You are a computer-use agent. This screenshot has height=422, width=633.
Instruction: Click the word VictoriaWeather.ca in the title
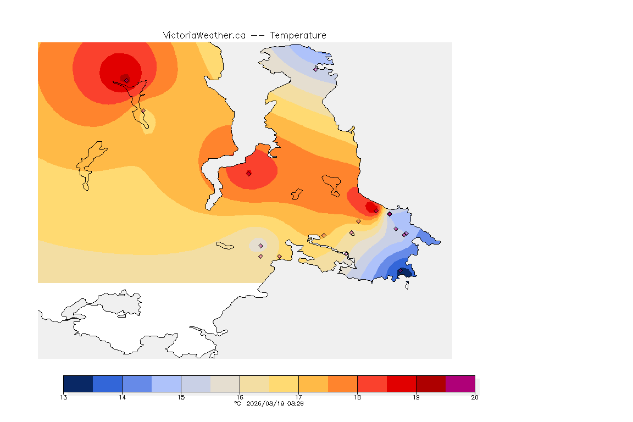click(204, 36)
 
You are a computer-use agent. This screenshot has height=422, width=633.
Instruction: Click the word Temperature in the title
click(298, 36)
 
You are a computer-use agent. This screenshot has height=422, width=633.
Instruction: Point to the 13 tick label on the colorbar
click(63, 397)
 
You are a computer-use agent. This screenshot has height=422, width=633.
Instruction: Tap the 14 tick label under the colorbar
click(123, 397)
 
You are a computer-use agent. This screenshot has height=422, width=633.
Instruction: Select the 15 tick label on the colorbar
click(181, 397)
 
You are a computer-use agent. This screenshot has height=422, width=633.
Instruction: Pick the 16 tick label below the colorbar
click(240, 397)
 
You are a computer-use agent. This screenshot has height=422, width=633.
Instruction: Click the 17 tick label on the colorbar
click(298, 397)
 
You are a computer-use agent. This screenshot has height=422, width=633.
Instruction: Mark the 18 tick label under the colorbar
click(357, 397)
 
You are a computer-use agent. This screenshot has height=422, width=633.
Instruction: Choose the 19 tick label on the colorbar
click(416, 397)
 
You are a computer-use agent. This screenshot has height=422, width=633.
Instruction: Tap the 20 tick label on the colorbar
click(475, 397)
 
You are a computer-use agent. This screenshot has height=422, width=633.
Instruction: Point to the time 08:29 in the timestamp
click(295, 403)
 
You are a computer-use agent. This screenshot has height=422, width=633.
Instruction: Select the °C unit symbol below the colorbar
click(238, 403)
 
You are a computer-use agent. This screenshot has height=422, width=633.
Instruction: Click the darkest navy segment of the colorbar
click(78, 384)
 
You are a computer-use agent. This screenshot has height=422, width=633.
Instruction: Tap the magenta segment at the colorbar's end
click(460, 384)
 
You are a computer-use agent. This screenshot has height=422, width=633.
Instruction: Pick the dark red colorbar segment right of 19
click(431, 384)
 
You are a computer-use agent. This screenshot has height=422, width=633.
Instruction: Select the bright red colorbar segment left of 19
click(401, 384)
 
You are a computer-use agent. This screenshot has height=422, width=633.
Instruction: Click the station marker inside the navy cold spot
click(400, 271)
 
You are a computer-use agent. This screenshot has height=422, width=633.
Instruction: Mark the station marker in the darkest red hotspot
click(126, 80)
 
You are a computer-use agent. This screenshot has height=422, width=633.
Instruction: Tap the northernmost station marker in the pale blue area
click(316, 69)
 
